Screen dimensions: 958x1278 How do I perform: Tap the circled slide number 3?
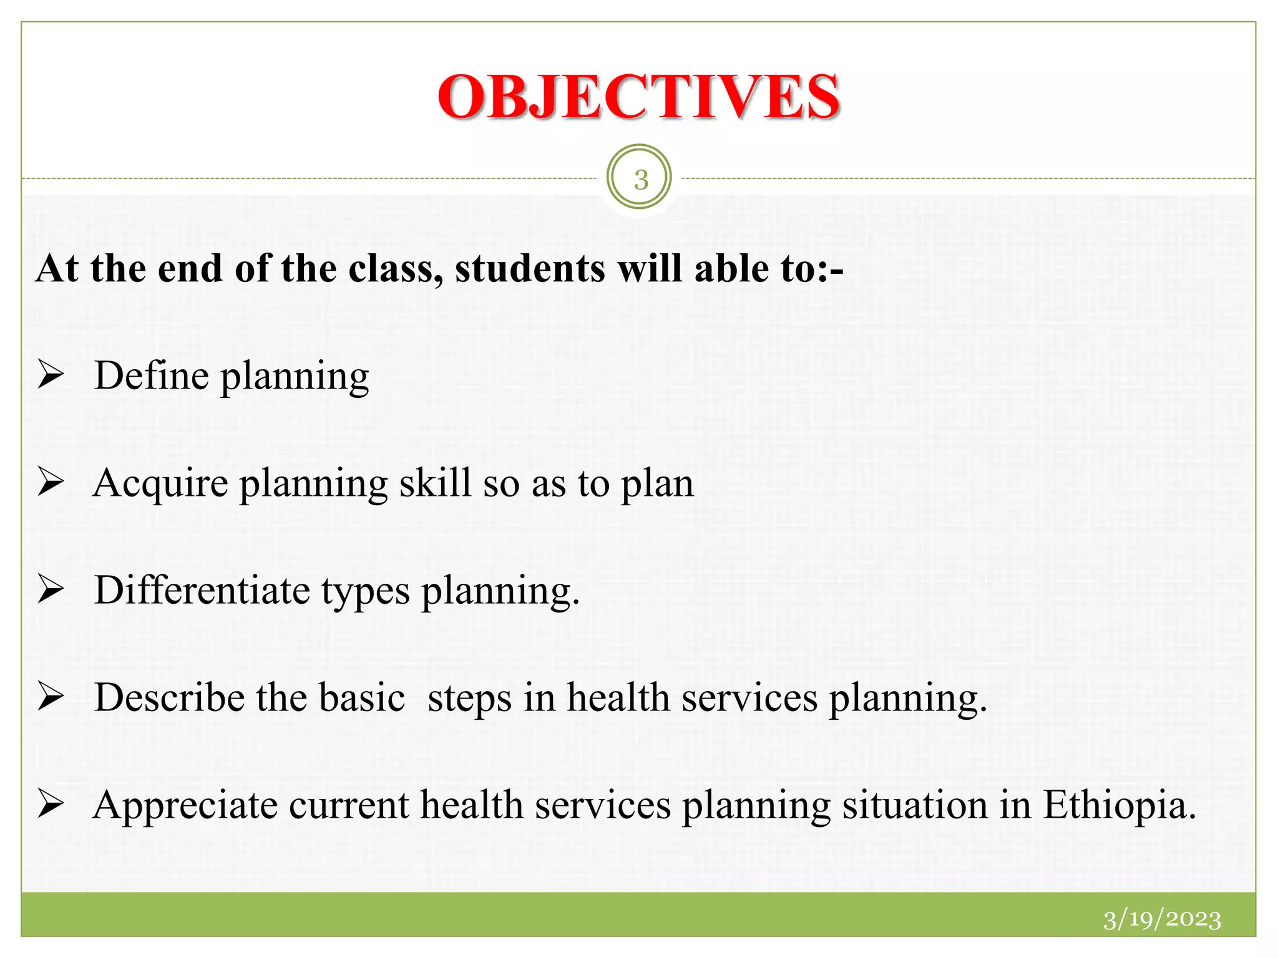click(x=640, y=179)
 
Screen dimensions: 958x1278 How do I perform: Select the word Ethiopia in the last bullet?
click(x=1119, y=805)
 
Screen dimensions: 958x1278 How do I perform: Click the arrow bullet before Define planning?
click(x=51, y=375)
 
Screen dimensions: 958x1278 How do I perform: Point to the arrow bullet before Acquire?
click(x=51, y=483)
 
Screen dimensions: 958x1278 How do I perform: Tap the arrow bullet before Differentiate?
click(x=51, y=590)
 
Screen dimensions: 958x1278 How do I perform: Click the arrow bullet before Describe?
click(x=51, y=697)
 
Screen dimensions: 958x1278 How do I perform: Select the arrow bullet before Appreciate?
click(x=51, y=805)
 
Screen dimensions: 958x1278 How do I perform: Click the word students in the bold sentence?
click(x=530, y=269)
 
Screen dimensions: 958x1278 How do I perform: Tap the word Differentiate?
click(x=202, y=590)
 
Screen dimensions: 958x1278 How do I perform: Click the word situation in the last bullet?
click(x=915, y=805)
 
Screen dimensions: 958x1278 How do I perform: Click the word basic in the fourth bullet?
click(x=362, y=697)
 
